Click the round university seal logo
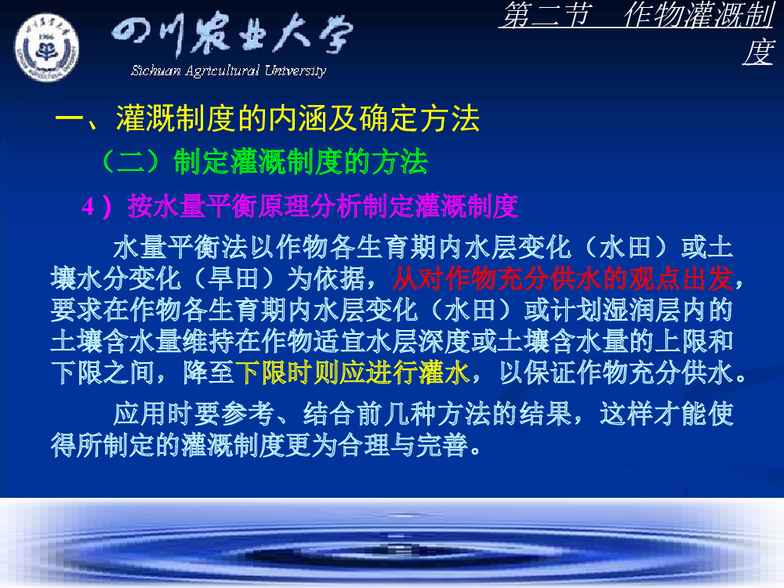tap(46, 48)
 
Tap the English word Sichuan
tap(155, 71)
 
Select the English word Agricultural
tap(222, 71)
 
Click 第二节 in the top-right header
tap(547, 14)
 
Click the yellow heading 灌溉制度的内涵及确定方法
tap(298, 118)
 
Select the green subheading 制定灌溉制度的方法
tap(300, 162)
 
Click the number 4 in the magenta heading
tap(88, 206)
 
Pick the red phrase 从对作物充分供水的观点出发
tap(563, 278)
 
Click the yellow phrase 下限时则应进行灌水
tap(353, 372)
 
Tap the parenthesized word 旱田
tap(233, 278)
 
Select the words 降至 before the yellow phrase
tap(209, 372)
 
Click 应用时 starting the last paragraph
tap(153, 413)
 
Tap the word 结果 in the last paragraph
tap(546, 413)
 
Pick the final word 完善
tap(442, 445)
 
